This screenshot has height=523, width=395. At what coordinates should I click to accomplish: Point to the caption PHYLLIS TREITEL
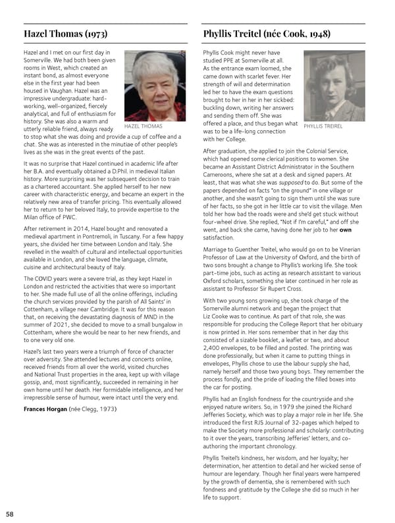[x=323, y=125]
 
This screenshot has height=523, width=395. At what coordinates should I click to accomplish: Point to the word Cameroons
[x=224, y=176]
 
